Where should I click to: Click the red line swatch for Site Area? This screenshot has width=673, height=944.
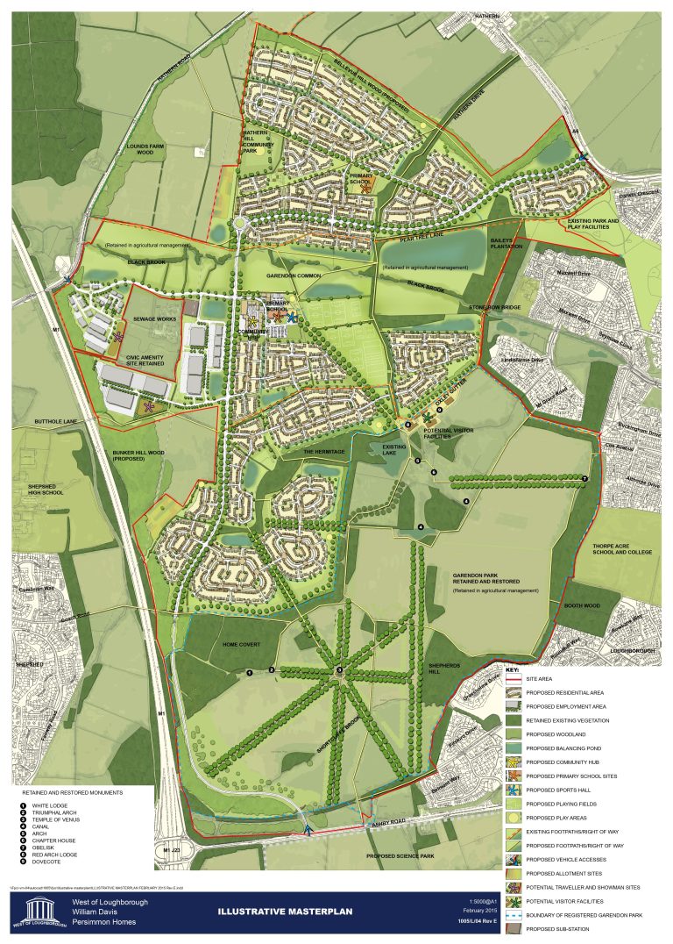click(514, 678)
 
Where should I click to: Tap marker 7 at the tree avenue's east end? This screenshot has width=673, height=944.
click(584, 478)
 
